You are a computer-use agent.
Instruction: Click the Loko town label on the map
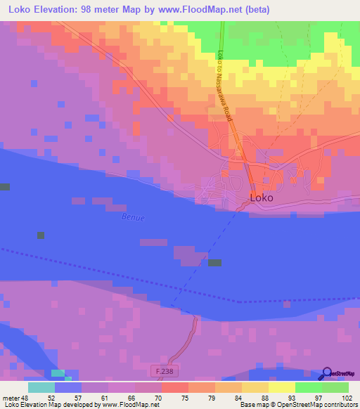(262, 198)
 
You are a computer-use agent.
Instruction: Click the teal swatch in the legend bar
(41, 387)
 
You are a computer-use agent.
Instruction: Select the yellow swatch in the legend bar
(281, 387)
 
